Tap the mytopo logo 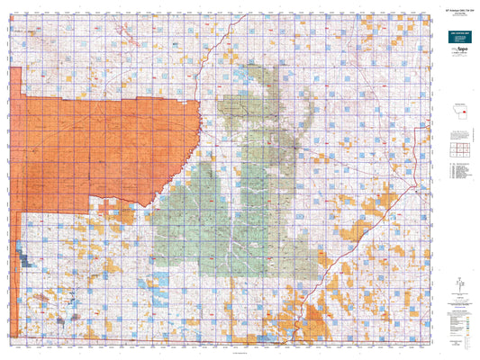pos(456,66)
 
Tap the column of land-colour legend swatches pos(446,316)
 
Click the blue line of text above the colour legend pos(456,302)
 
